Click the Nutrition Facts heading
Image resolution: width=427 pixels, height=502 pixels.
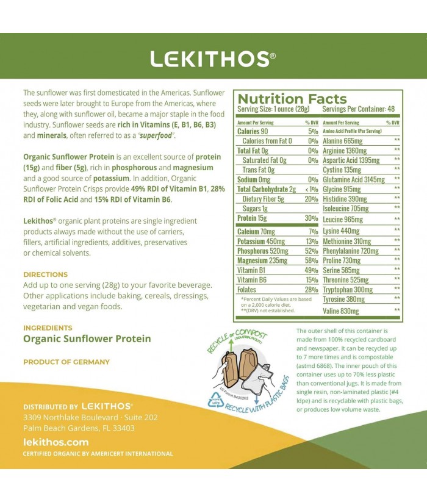tap(292, 99)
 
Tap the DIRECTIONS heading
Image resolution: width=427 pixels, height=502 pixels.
tap(45, 274)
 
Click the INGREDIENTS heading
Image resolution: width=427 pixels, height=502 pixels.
tap(48, 328)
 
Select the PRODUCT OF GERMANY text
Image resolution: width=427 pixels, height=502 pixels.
tap(66, 362)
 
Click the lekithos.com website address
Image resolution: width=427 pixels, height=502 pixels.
tap(56, 442)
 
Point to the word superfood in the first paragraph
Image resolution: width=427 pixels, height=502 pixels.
tap(157, 135)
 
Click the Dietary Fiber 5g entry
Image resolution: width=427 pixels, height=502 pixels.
tap(263, 198)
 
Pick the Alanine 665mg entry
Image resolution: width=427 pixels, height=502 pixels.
tap(343, 141)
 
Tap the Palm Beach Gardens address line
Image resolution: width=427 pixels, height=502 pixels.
tap(79, 428)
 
